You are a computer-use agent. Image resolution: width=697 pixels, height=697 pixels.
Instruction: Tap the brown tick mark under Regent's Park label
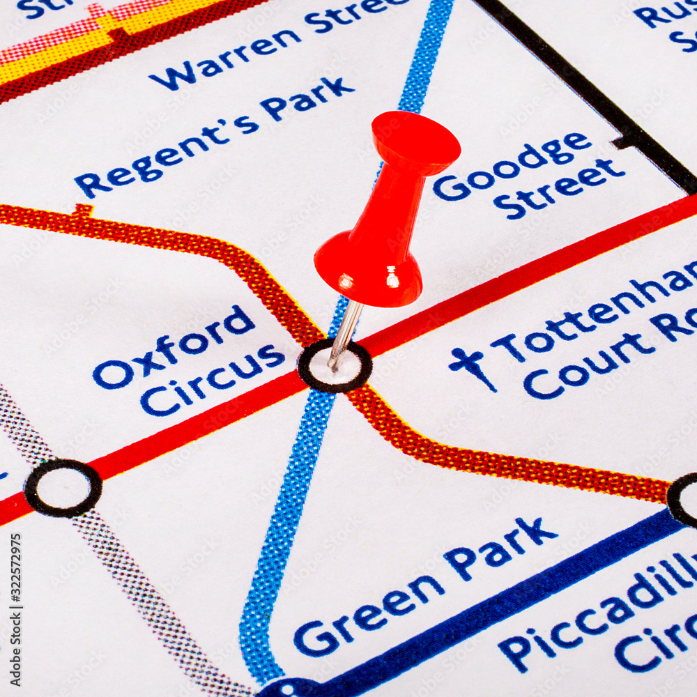pos(84,210)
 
